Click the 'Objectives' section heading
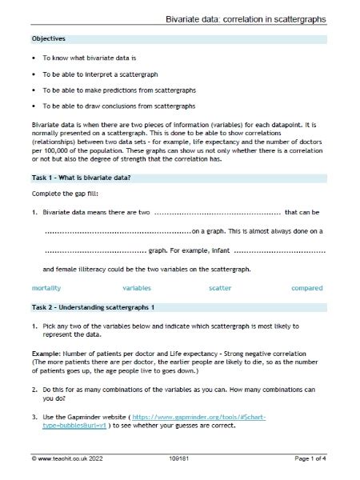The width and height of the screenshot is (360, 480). click(x=49, y=38)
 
